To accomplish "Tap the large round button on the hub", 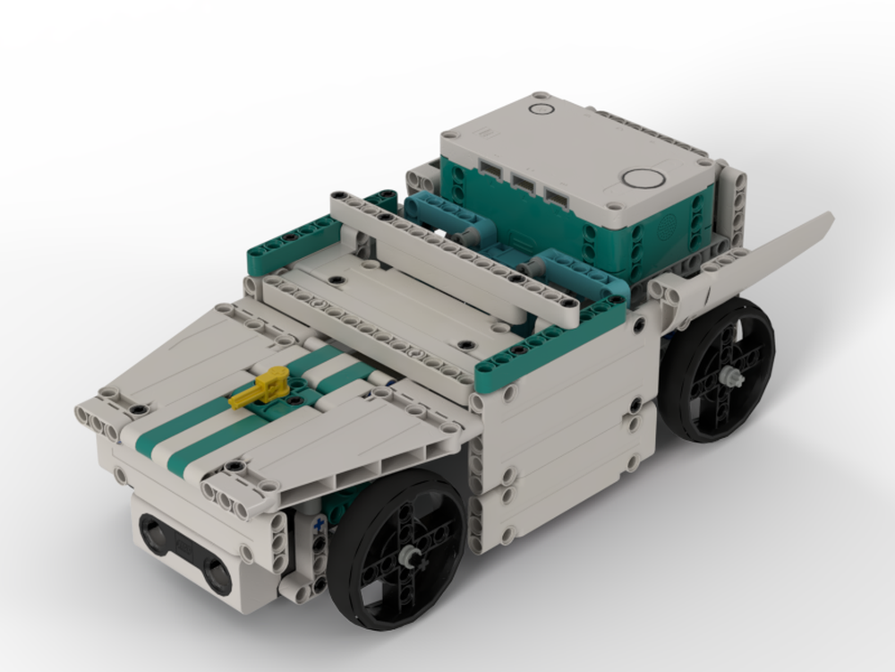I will click(x=643, y=177).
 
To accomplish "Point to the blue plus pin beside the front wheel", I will click(x=318, y=527).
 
